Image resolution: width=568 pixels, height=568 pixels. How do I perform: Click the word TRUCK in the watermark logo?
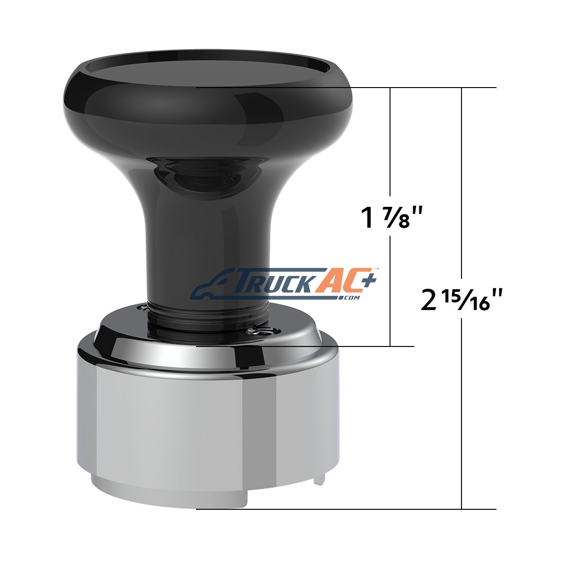pyautogui.click(x=276, y=283)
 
